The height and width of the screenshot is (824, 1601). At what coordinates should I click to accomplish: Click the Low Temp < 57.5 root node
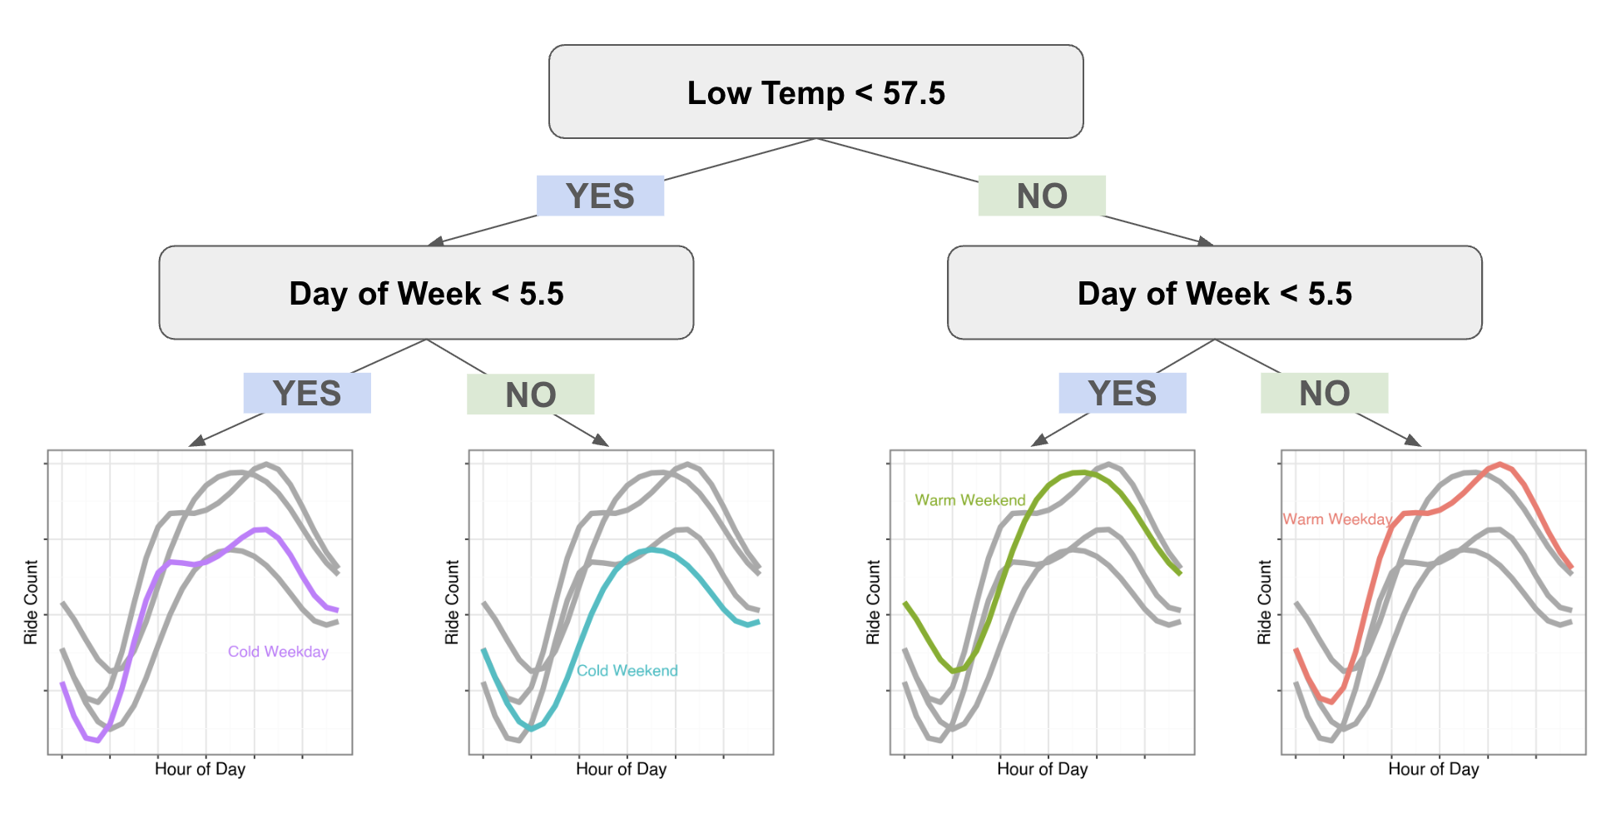815,92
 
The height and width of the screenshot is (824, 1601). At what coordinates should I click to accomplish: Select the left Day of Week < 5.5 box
426,293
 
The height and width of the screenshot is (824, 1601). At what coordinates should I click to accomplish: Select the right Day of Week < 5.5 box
1214,293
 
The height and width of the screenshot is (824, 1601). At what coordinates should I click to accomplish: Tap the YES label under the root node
600,196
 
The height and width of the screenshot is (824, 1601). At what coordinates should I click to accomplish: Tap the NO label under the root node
1042,196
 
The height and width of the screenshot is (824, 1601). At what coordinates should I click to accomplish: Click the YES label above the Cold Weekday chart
307,394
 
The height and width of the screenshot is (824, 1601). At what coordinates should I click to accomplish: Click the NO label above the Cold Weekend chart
531,395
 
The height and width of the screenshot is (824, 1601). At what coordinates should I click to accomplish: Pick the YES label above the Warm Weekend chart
1123,394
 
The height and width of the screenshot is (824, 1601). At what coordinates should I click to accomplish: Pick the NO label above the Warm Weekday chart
1324,394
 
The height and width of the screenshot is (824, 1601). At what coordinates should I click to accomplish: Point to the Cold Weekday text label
278,652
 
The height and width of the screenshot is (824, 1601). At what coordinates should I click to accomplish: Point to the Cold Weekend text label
627,671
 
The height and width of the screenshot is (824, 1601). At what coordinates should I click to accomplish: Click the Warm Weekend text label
969,500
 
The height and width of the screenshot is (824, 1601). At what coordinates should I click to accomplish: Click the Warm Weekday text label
1336,519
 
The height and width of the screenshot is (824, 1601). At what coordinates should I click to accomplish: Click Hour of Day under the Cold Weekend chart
621,769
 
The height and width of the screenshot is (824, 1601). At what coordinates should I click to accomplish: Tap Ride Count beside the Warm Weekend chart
873,602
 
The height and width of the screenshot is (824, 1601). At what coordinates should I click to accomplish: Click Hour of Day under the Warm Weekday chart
1433,769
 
